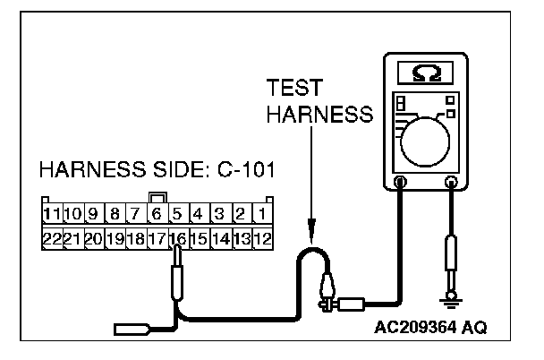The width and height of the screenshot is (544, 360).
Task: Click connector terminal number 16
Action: tap(177, 238)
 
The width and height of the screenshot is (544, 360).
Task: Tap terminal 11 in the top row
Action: tap(52, 215)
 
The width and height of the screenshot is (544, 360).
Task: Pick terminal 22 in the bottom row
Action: tap(52, 238)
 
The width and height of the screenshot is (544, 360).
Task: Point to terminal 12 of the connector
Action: tap(262, 238)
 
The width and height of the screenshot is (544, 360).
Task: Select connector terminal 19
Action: tap(114, 238)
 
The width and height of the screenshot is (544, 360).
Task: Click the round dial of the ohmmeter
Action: tap(425, 139)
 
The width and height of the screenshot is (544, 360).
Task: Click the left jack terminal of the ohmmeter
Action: tap(400, 184)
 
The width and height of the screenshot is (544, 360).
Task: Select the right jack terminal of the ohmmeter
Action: tap(451, 184)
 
